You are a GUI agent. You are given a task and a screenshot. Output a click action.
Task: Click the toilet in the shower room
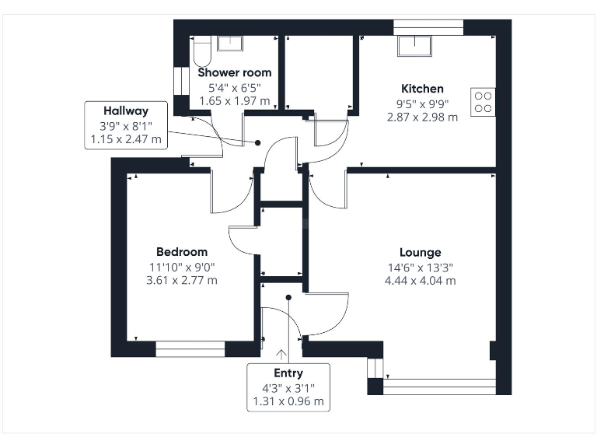pyautogui.click(x=200, y=51)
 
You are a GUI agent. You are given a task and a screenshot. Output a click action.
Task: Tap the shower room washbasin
pyautogui.click(x=229, y=44)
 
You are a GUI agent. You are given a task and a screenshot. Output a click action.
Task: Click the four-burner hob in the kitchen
pyautogui.click(x=482, y=102)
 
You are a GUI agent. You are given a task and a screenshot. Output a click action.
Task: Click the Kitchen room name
pyautogui.click(x=422, y=89)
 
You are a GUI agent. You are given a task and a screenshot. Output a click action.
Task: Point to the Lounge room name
pyautogui.click(x=421, y=252)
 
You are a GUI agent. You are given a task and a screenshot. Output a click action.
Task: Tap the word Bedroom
pyautogui.click(x=182, y=251)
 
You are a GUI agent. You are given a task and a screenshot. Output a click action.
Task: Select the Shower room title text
pyautogui.click(x=233, y=72)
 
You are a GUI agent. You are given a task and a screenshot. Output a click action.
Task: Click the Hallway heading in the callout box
pyautogui.click(x=126, y=111)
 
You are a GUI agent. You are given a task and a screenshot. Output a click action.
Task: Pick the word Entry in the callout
pyautogui.click(x=288, y=373)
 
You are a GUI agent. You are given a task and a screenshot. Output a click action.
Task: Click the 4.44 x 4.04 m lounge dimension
pyautogui.click(x=421, y=280)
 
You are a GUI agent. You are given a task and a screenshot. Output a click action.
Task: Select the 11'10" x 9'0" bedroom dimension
pyautogui.click(x=182, y=266)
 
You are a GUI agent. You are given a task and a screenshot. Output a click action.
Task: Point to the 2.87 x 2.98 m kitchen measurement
pyautogui.click(x=422, y=117)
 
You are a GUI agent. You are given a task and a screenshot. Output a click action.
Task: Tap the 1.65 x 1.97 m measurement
pyautogui.click(x=233, y=100)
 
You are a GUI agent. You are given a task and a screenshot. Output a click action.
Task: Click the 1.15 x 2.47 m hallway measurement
pyautogui.click(x=126, y=139)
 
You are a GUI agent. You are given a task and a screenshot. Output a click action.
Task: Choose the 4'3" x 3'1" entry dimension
pyautogui.click(x=288, y=388)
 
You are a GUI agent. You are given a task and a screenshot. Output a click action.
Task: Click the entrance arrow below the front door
pyautogui.click(x=281, y=355)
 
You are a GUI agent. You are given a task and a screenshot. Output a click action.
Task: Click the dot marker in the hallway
pyautogui.click(x=258, y=142)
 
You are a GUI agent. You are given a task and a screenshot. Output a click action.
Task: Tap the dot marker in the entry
pyautogui.click(x=288, y=296)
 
